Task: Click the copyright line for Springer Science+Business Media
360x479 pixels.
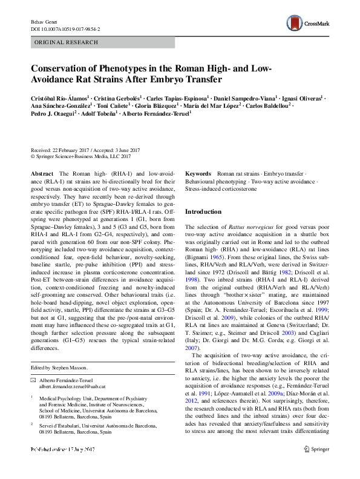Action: click(x=81, y=157)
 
